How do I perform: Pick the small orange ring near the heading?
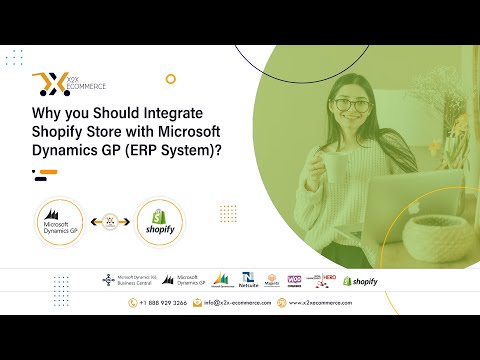coord(171,78)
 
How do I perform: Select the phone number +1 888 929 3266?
coord(164,302)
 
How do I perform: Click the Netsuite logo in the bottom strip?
coord(249,281)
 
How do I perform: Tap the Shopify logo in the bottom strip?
coord(360,281)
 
